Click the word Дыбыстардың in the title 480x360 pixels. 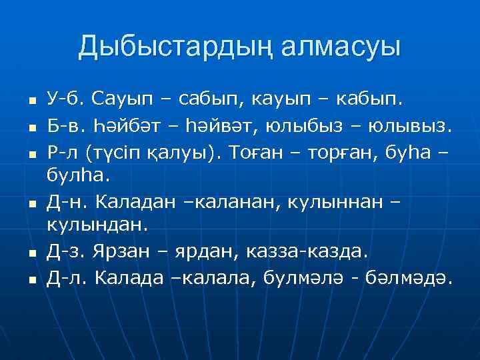174,47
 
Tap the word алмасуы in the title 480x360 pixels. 341,47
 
